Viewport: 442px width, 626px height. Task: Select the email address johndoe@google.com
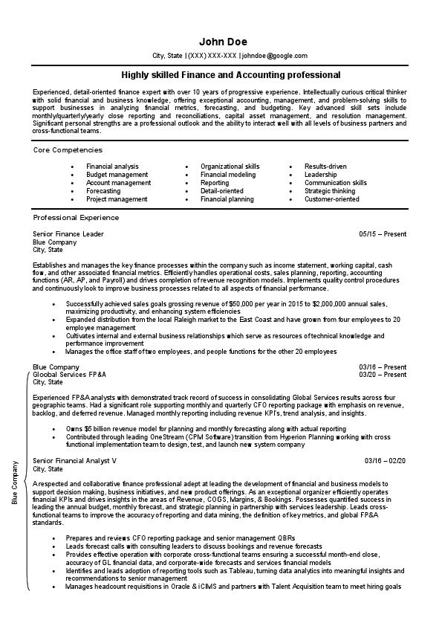[x=274, y=56]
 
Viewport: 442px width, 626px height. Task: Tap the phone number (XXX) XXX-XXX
[x=212, y=56]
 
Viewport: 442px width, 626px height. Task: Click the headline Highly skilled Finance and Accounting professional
[x=231, y=75]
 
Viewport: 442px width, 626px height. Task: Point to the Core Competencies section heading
[x=68, y=149]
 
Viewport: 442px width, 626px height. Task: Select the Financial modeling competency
[x=227, y=175]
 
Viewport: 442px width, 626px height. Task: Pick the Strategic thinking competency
[x=330, y=191]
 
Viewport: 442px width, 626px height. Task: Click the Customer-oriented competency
[x=331, y=199]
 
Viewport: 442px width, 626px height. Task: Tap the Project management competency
[x=117, y=199]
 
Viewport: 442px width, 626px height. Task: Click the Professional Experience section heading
[x=76, y=218]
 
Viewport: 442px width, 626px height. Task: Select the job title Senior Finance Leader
[x=68, y=234]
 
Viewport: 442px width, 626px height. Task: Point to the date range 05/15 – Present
[x=383, y=234]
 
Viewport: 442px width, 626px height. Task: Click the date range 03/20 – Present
[x=383, y=375]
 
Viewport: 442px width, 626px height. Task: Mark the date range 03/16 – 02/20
[x=385, y=461]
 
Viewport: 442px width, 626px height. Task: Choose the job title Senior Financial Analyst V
[x=75, y=461]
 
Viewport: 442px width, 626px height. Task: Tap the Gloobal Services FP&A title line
[x=69, y=375]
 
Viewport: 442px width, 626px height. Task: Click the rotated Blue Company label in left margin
[x=15, y=483]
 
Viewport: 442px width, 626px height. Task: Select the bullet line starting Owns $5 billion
[x=205, y=429]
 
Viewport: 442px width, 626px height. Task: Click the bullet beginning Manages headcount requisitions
[x=233, y=587]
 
